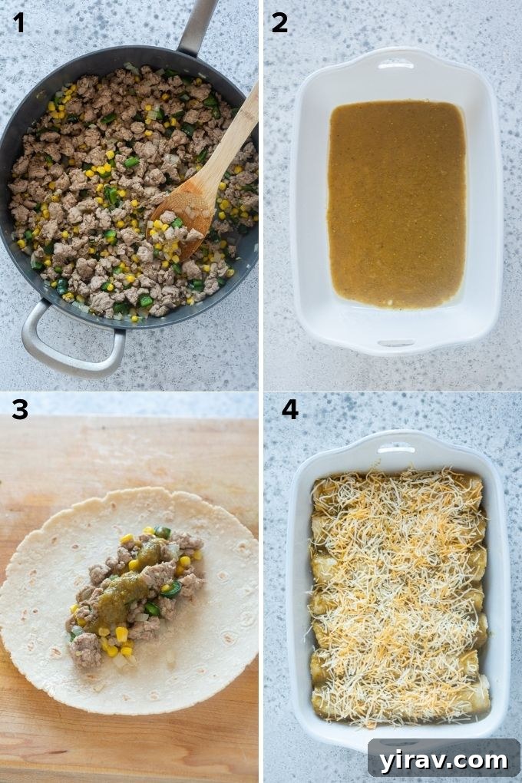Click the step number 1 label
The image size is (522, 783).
[x=18, y=23]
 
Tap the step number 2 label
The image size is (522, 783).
[x=279, y=23]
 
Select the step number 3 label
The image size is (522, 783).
[x=19, y=410]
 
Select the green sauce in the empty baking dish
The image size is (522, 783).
[x=395, y=203]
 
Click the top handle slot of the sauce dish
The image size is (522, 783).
[x=395, y=65]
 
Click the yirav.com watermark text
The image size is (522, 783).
[x=444, y=760]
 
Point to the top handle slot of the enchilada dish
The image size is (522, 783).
[x=395, y=447]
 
